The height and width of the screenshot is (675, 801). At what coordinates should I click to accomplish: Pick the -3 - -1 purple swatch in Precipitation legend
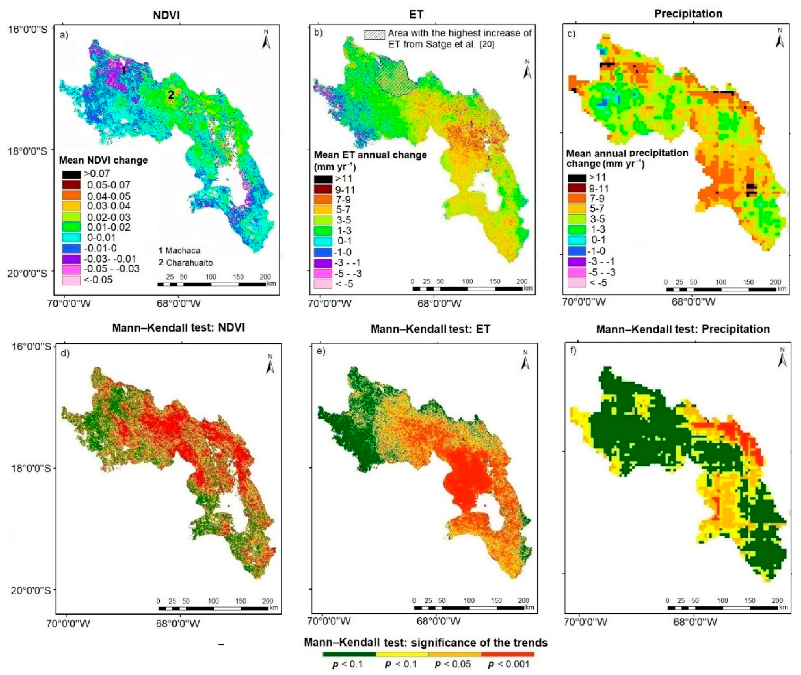click(576, 262)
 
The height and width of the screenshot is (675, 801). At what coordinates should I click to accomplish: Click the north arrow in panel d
click(270, 365)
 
